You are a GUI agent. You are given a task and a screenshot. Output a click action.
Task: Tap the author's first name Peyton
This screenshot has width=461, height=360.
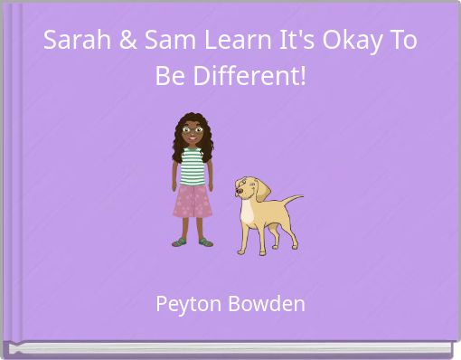point(186,304)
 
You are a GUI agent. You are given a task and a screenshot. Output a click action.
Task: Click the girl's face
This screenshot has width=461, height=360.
point(192,134)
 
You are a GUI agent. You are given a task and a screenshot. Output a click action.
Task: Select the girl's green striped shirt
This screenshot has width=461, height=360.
point(192,166)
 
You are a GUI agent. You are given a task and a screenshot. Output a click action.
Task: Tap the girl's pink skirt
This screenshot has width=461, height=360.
point(192,200)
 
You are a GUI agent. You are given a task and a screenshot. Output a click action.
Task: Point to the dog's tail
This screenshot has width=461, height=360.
point(291,201)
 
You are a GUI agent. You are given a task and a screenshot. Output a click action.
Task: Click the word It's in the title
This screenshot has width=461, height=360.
point(284,42)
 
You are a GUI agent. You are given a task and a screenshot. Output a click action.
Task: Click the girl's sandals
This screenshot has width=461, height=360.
point(193,242)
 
